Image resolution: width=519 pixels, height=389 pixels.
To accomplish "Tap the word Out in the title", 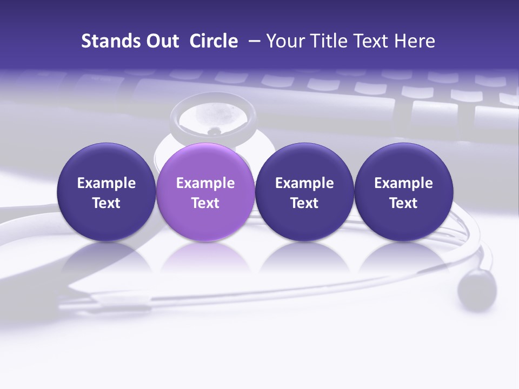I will click(x=161, y=41).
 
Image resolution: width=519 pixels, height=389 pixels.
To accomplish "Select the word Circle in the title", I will click(x=214, y=41).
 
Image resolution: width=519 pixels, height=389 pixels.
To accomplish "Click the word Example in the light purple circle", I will click(x=205, y=183).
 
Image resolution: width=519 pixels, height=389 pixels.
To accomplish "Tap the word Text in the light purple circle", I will click(x=205, y=203).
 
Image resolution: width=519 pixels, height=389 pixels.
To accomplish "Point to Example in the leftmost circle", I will click(x=106, y=183).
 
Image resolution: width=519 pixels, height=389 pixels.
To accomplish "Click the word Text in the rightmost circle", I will click(x=403, y=203).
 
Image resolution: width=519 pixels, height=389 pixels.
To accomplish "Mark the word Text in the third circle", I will click(x=304, y=203).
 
